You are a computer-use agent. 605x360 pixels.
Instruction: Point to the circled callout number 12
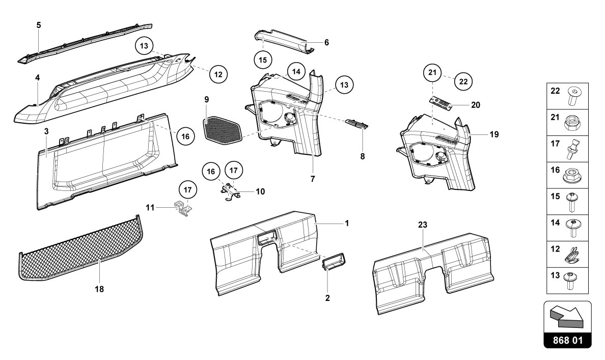tap(218, 74)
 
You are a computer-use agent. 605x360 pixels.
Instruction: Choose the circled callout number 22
tap(463, 80)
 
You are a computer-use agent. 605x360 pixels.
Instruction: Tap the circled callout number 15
tap(262, 60)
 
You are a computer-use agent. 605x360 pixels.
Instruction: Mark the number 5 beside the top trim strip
tap(39, 25)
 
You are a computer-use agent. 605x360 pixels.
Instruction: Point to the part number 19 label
tap(493, 135)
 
